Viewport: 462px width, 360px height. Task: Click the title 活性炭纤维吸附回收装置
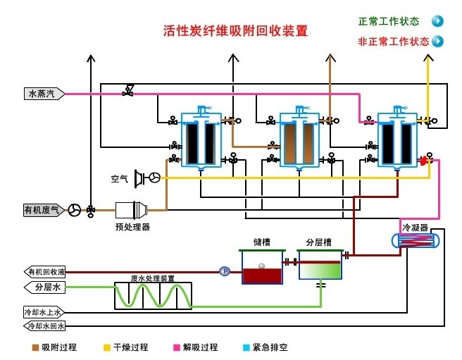(x=236, y=31)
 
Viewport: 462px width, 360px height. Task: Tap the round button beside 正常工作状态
(x=437, y=21)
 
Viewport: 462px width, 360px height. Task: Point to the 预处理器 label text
(x=132, y=227)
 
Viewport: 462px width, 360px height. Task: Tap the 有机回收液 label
(x=45, y=272)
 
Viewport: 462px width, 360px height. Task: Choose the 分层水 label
(x=47, y=287)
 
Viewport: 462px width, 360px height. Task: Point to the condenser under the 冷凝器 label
(x=416, y=241)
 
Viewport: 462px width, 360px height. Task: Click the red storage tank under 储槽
(x=262, y=268)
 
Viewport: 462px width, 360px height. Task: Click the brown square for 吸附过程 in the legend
(x=35, y=347)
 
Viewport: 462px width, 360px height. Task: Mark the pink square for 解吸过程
(x=176, y=347)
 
